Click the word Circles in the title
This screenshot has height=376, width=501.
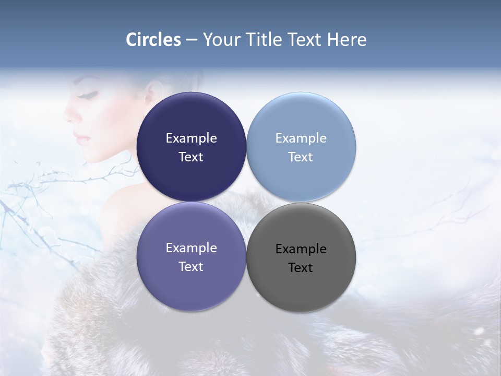(x=153, y=40)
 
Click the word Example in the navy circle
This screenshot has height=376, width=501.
(x=191, y=138)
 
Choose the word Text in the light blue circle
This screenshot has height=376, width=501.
(x=301, y=157)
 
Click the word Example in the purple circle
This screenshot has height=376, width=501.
(x=191, y=248)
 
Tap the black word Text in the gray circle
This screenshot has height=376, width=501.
(x=301, y=268)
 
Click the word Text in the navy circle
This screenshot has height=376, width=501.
(x=191, y=157)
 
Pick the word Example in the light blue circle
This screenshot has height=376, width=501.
(x=301, y=138)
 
